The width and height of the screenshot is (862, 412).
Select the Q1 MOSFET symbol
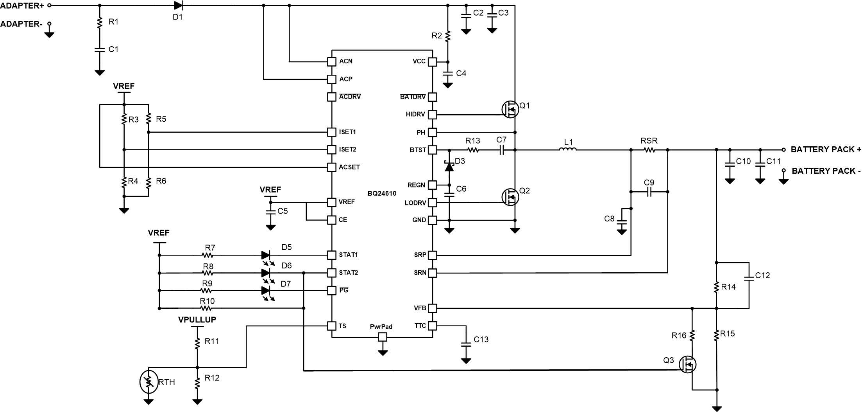click(x=510, y=109)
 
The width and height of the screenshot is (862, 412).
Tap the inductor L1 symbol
click(x=567, y=149)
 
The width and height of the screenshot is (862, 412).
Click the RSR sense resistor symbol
click(x=649, y=149)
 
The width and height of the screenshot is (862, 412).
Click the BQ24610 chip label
click(x=381, y=193)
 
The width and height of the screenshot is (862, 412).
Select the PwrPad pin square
click(x=383, y=337)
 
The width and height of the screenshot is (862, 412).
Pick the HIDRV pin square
click(x=432, y=115)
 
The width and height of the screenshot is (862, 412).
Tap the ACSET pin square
click(x=331, y=167)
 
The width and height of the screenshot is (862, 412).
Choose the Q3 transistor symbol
click(x=687, y=364)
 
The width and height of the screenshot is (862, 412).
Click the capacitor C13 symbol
click(x=466, y=344)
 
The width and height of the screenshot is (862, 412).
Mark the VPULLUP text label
click(x=197, y=320)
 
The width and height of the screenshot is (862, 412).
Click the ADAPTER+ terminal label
click(x=23, y=5)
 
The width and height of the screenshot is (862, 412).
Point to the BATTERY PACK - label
click(x=826, y=171)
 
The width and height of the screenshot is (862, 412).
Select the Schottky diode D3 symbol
click(x=449, y=167)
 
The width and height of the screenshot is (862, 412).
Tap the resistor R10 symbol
click(x=207, y=308)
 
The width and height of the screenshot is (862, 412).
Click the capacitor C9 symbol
click(x=649, y=192)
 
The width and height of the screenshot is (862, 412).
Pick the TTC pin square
click(x=432, y=326)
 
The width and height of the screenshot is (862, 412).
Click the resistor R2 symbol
click(x=448, y=36)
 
